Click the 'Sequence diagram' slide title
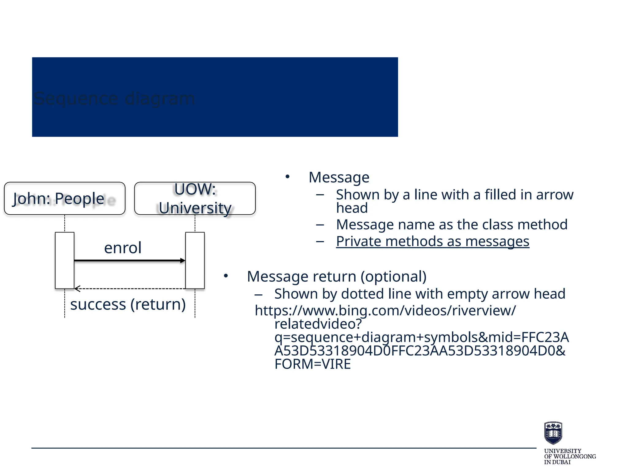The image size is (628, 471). (x=114, y=99)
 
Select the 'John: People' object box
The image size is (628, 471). (x=64, y=198)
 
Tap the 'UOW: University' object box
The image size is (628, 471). (x=195, y=198)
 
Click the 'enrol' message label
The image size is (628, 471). (x=123, y=248)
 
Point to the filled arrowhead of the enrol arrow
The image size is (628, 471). (x=183, y=261)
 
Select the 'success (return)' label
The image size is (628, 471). (x=128, y=304)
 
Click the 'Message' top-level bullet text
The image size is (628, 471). (x=339, y=177)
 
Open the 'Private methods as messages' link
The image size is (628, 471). (x=432, y=241)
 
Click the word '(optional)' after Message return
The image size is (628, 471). (x=393, y=276)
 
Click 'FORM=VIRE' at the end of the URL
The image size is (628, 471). (x=312, y=364)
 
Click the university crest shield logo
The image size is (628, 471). (x=553, y=433)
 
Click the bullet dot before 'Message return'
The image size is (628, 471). (x=226, y=276)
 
